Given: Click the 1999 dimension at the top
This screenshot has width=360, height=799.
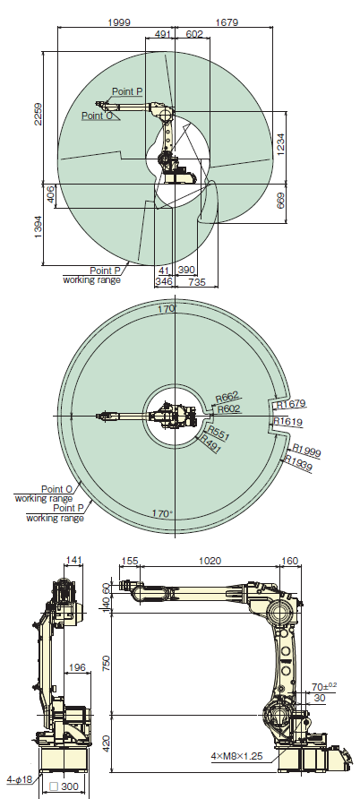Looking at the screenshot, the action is (119, 21).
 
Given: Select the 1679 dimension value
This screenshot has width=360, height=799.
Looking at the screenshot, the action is (227, 21).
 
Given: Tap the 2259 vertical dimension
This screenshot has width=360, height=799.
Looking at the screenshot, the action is (38, 114).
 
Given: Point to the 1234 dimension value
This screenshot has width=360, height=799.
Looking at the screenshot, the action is (280, 145).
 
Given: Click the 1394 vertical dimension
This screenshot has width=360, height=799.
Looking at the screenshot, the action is (38, 231).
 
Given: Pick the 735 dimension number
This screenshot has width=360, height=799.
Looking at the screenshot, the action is (198, 280).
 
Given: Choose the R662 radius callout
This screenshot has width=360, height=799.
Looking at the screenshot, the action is (227, 398).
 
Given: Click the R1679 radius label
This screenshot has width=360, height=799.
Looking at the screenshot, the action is (291, 404).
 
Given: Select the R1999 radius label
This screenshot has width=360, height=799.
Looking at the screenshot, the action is (306, 451).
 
